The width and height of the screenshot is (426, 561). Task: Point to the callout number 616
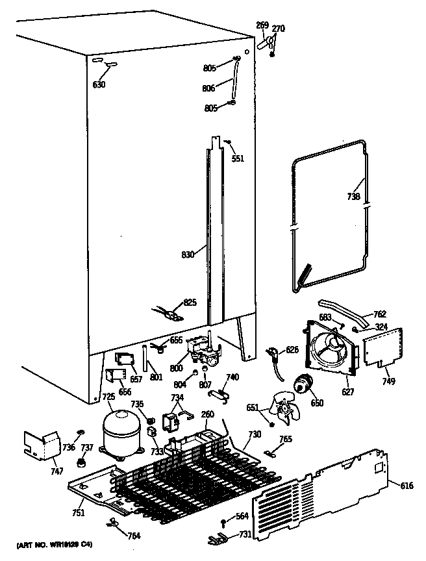click(407, 485)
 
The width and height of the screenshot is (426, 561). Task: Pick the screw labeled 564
click(224, 521)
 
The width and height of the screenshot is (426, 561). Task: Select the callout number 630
click(98, 84)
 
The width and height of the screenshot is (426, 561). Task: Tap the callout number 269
click(262, 25)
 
